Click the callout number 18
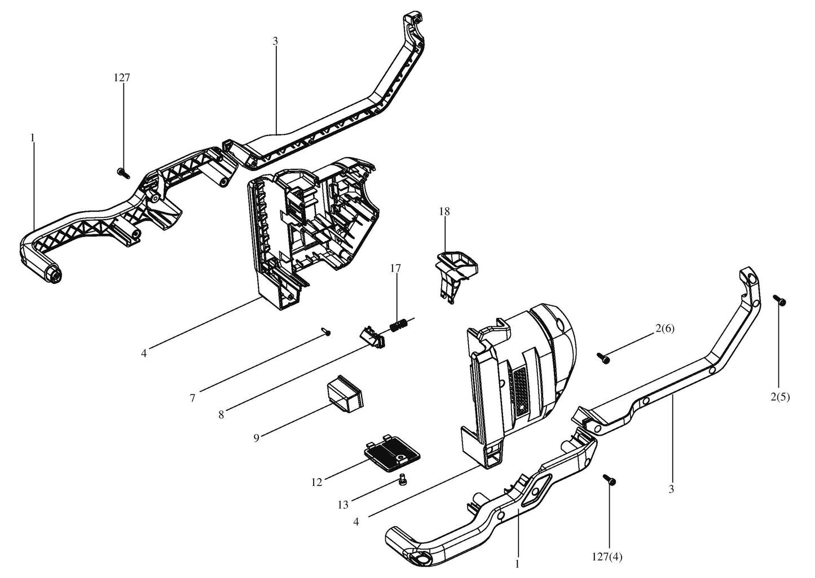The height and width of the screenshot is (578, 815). coord(444,212)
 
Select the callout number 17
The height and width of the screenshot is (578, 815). coord(395,269)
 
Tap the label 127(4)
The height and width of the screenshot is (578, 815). coord(607,557)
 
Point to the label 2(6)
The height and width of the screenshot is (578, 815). coord(665,329)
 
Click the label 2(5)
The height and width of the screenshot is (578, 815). coord(780,397)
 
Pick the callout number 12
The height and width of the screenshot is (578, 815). coord(316,483)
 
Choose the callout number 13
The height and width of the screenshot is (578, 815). coord(343,505)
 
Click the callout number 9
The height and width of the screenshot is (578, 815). coord(256,438)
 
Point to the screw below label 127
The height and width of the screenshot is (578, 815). coord(124,173)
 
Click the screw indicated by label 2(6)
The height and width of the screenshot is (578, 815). coord(603,358)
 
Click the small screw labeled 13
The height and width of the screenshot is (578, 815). coord(402,481)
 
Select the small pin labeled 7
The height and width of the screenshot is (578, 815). coord(327,331)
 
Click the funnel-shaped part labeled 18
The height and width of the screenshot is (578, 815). coord(456,272)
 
